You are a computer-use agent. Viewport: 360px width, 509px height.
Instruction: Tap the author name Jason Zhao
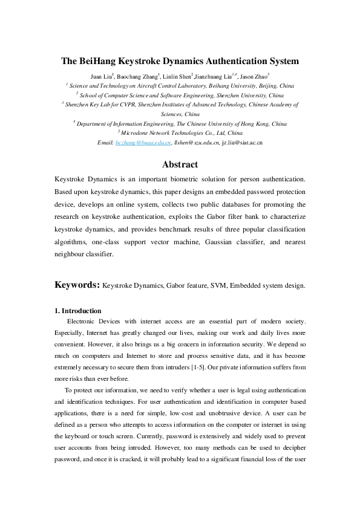pos(254,77)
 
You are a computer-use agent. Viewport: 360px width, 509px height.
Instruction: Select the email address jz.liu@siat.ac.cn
pos(242,141)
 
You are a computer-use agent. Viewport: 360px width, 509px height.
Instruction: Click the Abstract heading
pos(180,164)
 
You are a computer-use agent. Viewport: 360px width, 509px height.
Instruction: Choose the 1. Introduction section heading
pos(78,311)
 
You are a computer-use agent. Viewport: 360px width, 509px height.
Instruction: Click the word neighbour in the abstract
pos(75,254)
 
